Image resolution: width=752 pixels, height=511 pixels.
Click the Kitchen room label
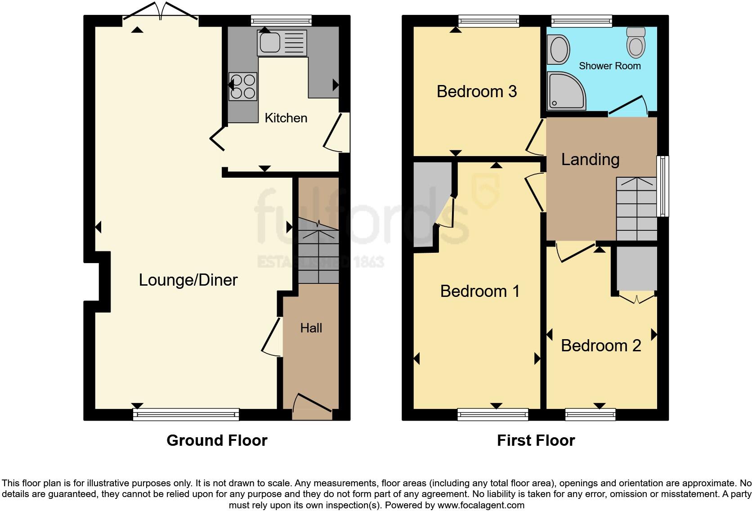[x=286, y=118]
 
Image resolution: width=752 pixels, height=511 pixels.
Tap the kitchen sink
[x=282, y=42]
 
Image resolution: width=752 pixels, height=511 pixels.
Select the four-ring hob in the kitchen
[x=243, y=86]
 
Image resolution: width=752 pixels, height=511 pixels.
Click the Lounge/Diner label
[x=188, y=280]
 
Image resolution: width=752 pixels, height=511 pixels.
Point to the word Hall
[x=311, y=328]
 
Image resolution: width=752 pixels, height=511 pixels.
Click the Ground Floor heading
[x=217, y=440]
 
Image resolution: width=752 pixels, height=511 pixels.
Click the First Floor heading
[x=536, y=440]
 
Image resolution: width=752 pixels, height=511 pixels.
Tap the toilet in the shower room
[x=636, y=42]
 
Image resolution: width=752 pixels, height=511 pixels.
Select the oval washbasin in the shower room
[x=559, y=49]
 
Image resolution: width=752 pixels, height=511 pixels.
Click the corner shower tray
[x=565, y=92]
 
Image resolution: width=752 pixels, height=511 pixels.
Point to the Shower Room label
[x=609, y=66]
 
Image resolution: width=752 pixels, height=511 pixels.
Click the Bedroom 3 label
[x=476, y=91]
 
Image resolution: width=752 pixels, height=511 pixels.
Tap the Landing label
[x=590, y=159]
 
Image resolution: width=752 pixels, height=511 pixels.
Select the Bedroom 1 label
[x=479, y=291]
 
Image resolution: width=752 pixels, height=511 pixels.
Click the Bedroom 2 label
[x=601, y=345]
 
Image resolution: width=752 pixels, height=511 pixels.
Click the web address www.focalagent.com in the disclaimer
[x=481, y=505]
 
